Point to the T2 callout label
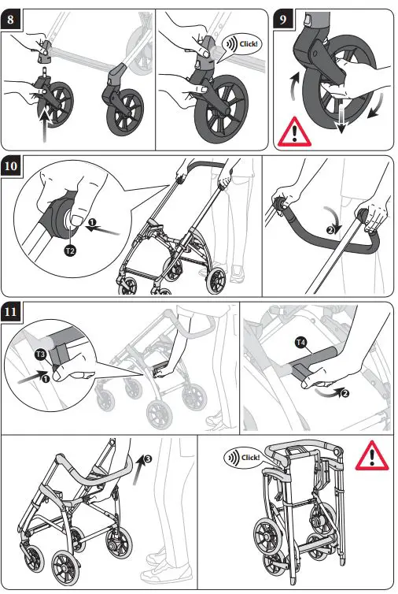68,251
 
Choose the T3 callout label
41,355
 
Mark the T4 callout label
300,342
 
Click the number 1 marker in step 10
92,224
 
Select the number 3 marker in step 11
147,456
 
